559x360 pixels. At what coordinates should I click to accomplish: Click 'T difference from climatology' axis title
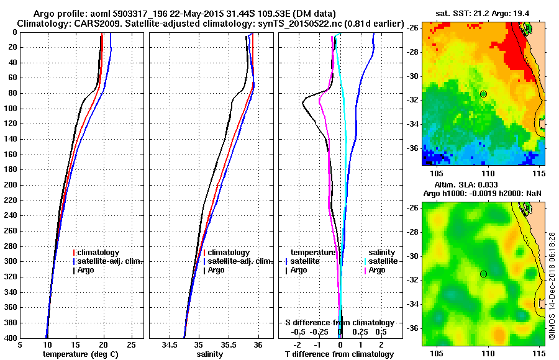click(x=340, y=354)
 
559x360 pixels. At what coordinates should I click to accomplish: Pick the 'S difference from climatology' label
click(x=340, y=323)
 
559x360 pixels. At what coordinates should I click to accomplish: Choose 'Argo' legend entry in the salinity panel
click(x=216, y=270)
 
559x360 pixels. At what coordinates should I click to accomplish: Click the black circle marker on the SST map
click(x=483, y=94)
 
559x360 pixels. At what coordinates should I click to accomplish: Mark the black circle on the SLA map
click(x=483, y=274)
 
